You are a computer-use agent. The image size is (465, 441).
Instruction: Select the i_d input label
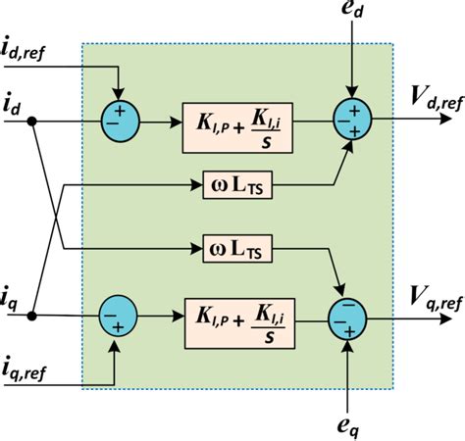pos(15,104)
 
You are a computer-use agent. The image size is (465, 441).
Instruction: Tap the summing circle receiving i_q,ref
pos(118,318)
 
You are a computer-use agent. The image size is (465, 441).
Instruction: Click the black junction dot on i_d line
pos(33,123)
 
